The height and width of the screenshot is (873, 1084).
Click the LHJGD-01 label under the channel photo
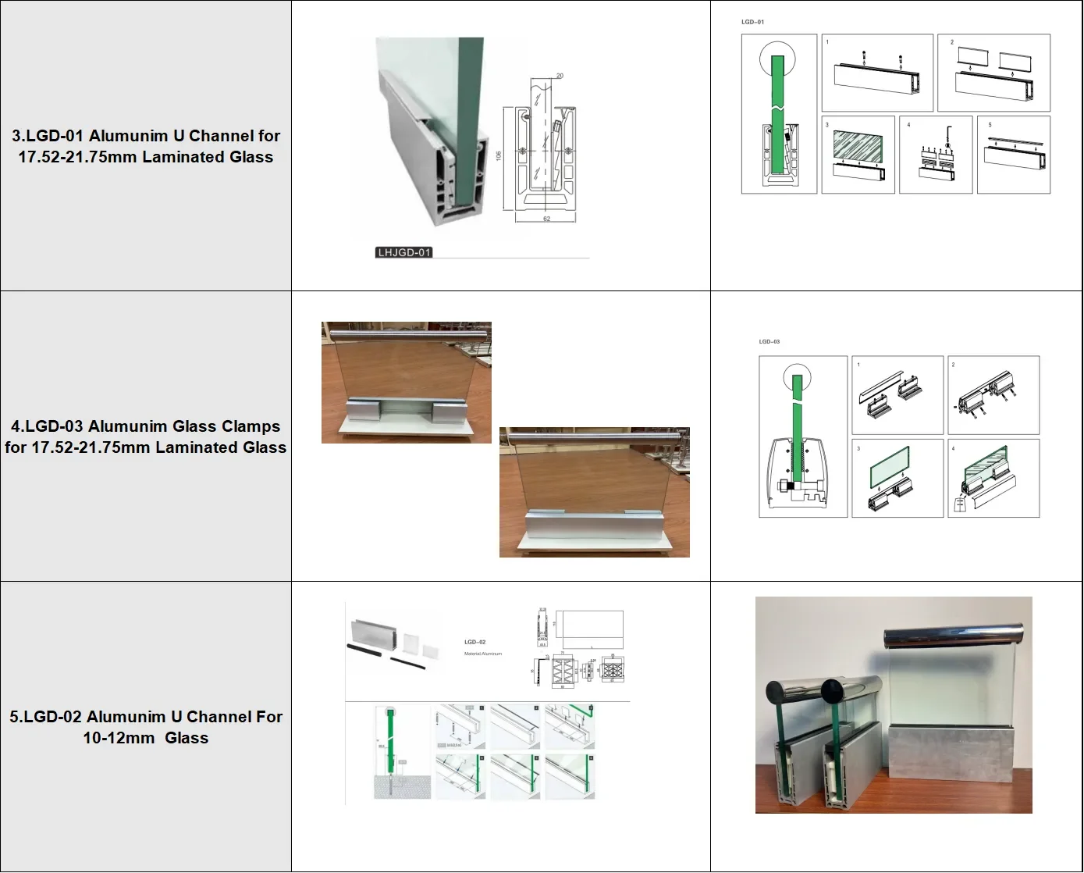(403, 252)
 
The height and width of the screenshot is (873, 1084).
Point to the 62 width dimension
(546, 219)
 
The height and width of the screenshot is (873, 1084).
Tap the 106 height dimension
(499, 156)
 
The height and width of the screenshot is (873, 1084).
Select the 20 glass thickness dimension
(560, 76)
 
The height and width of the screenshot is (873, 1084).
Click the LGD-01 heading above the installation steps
(752, 22)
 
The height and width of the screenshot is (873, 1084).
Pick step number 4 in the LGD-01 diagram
(908, 125)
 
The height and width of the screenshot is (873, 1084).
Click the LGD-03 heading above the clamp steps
(769, 341)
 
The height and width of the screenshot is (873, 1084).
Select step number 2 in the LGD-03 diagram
(953, 365)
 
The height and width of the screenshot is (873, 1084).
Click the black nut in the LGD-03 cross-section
(790, 486)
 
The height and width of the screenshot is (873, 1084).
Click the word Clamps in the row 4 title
(250, 426)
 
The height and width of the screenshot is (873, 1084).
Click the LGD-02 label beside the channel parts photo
(474, 642)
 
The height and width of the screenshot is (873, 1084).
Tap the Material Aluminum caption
(482, 654)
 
